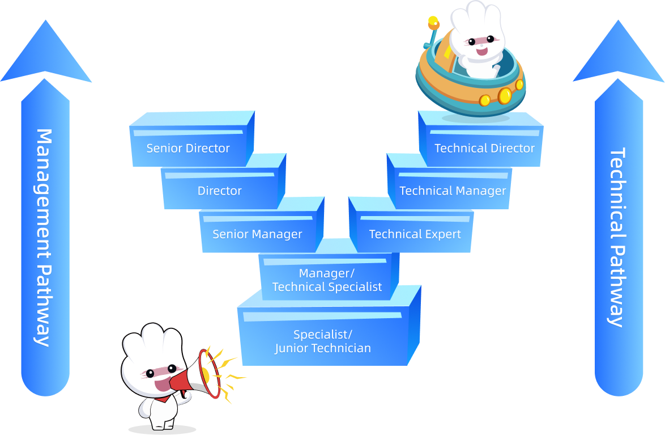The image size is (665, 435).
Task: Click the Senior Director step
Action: coord(189,148)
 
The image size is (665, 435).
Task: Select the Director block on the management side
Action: coord(220,191)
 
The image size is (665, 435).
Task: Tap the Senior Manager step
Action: coord(257,234)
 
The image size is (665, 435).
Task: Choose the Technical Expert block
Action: coord(415,234)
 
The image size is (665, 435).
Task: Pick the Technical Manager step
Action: coord(453,191)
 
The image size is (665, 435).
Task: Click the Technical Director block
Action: coord(484,148)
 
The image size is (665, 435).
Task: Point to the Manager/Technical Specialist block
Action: coord(327,280)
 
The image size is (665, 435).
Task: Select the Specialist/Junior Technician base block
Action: coord(323,341)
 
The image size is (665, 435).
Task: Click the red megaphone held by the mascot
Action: coord(201,374)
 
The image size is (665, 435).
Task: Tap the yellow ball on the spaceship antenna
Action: coord(433,22)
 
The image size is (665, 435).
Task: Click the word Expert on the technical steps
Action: coord(443,234)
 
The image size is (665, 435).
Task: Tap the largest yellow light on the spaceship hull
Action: coord(504,96)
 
